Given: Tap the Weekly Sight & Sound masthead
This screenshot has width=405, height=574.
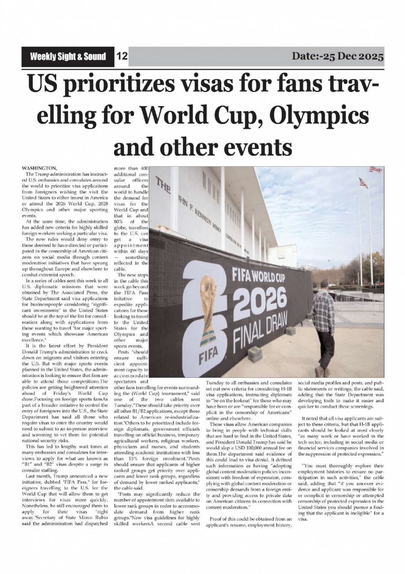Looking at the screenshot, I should point(68,57).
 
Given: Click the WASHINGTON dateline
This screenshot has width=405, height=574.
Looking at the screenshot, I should point(40,168).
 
